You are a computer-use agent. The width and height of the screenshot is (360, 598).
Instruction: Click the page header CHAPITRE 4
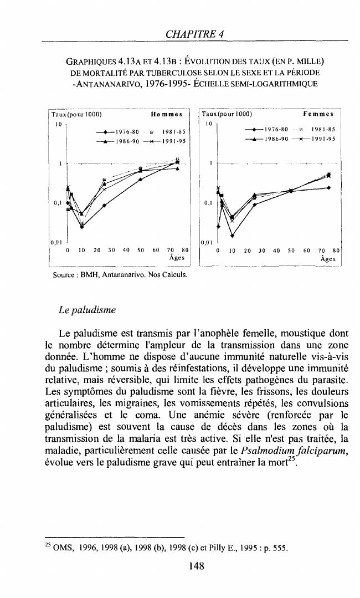[194, 34]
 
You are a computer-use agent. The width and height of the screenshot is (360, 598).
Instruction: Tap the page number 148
[196, 566]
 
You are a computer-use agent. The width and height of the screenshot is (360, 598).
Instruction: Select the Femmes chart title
[318, 115]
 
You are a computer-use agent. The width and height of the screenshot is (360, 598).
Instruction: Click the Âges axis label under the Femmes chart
[330, 259]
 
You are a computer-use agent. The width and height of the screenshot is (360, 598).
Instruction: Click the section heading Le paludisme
[87, 310]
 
